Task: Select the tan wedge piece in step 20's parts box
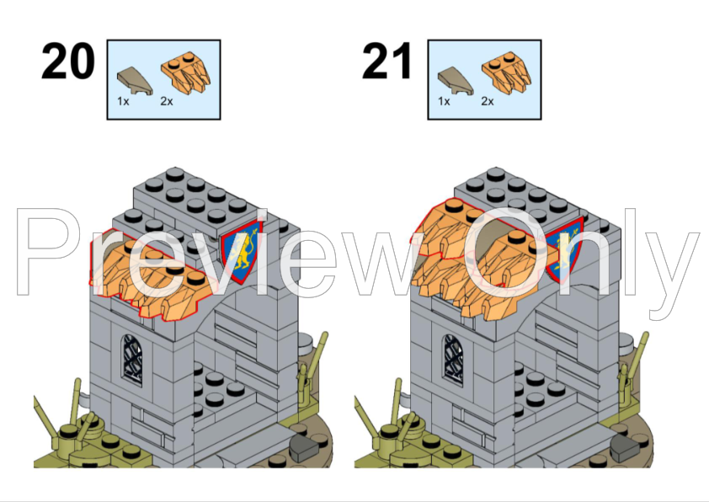[x=134, y=81]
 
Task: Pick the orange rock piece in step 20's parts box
[x=185, y=72]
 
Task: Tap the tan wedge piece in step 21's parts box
[x=456, y=81]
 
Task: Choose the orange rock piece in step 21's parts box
[x=506, y=72]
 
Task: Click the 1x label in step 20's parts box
[x=123, y=101]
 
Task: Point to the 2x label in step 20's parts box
[x=167, y=101]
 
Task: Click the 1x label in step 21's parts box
[x=444, y=101]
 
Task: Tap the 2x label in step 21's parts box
[x=488, y=101]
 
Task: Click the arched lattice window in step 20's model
[x=132, y=360]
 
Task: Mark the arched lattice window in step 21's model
[x=454, y=360]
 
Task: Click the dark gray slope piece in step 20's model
[x=304, y=448]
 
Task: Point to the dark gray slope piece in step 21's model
[x=625, y=447]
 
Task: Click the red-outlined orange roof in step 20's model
[x=152, y=276]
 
